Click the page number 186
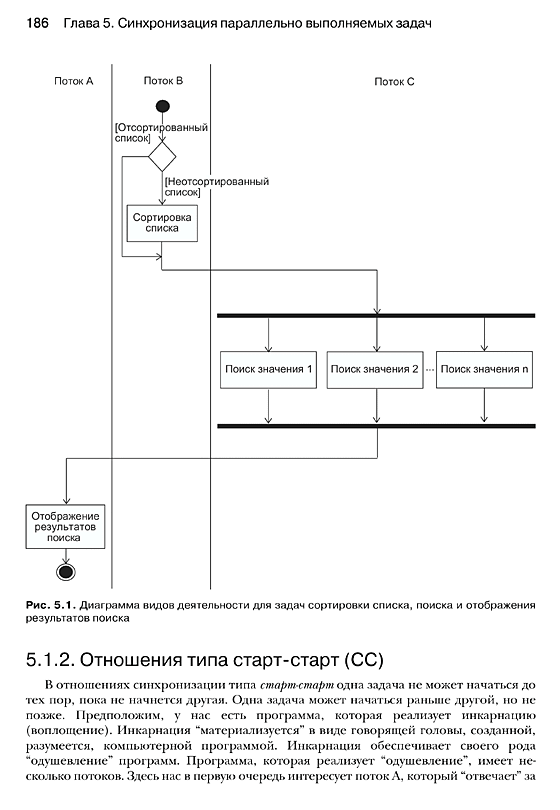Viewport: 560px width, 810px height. point(37,23)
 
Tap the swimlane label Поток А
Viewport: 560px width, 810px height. point(73,81)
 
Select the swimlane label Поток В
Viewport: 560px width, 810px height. point(163,81)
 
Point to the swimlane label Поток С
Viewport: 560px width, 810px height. point(394,82)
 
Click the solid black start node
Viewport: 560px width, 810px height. point(163,106)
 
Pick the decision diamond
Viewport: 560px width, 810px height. point(162,157)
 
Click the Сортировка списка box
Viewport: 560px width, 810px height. point(162,223)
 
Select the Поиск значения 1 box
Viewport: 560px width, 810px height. point(268,370)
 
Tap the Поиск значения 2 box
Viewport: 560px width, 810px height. point(375,370)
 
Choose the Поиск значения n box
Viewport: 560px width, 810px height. point(484,370)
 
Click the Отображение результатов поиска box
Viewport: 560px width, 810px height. point(65,526)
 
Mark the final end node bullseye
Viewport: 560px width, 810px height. point(66,572)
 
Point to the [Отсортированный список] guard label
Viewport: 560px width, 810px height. point(161,133)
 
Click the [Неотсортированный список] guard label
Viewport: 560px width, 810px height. point(217,187)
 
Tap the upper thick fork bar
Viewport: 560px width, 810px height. point(376,316)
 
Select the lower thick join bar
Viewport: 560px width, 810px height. point(376,426)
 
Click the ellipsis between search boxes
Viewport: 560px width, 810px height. point(430,370)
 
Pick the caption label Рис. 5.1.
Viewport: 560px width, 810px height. point(51,605)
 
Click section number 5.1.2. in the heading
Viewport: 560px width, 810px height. point(51,660)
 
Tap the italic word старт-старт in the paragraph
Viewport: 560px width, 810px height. point(297,686)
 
